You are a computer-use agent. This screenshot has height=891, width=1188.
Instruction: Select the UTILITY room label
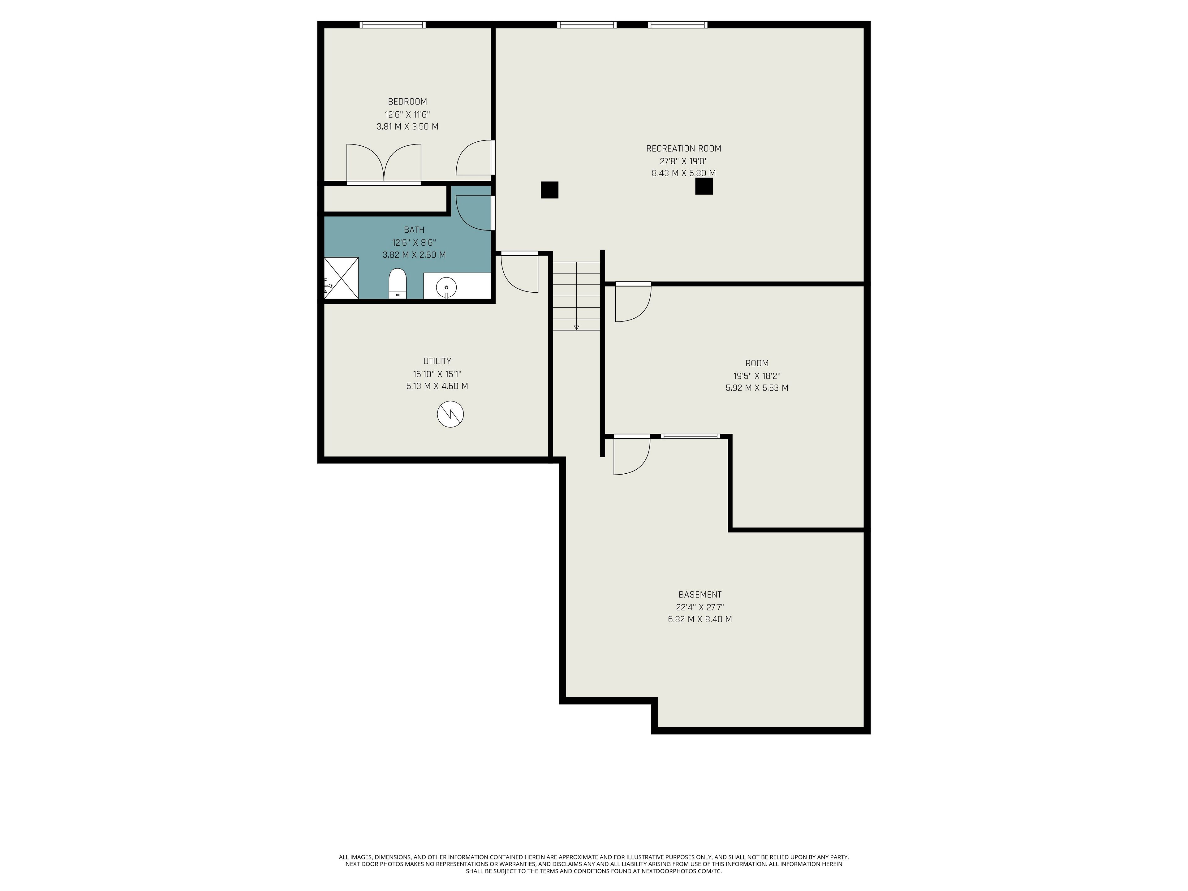(437, 361)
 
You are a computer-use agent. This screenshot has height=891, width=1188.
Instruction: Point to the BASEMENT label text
(700, 595)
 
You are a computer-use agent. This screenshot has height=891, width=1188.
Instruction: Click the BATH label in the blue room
(414, 230)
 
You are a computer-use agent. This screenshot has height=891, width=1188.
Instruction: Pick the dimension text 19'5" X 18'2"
(757, 376)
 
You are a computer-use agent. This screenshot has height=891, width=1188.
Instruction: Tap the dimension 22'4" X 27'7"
(700, 607)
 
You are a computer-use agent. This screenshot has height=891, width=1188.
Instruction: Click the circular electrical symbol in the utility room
(450, 414)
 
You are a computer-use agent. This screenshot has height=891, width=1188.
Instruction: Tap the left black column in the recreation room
(549, 190)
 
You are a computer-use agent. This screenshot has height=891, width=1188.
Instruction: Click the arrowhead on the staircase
(576, 327)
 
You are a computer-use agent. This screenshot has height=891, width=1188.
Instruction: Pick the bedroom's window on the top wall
(393, 25)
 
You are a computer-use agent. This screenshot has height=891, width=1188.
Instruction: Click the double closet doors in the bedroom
(383, 164)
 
